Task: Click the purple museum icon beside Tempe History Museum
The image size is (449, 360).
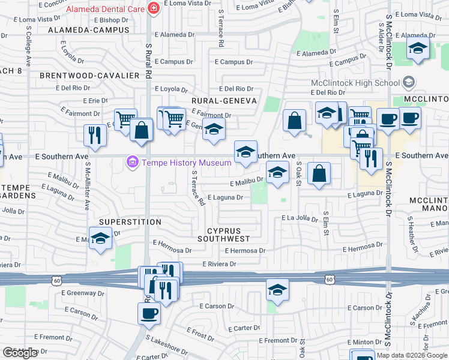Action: click(x=131, y=162)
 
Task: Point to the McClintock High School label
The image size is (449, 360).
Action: click(x=355, y=83)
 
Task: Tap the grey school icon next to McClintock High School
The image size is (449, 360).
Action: click(x=409, y=82)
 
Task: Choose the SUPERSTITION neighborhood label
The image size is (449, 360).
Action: click(x=130, y=222)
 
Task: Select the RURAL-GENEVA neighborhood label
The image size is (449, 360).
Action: click(x=224, y=101)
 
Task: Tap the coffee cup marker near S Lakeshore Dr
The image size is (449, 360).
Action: click(x=149, y=313)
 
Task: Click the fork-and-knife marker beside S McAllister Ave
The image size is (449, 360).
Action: click(x=95, y=135)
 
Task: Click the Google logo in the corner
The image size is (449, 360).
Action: click(x=20, y=353)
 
